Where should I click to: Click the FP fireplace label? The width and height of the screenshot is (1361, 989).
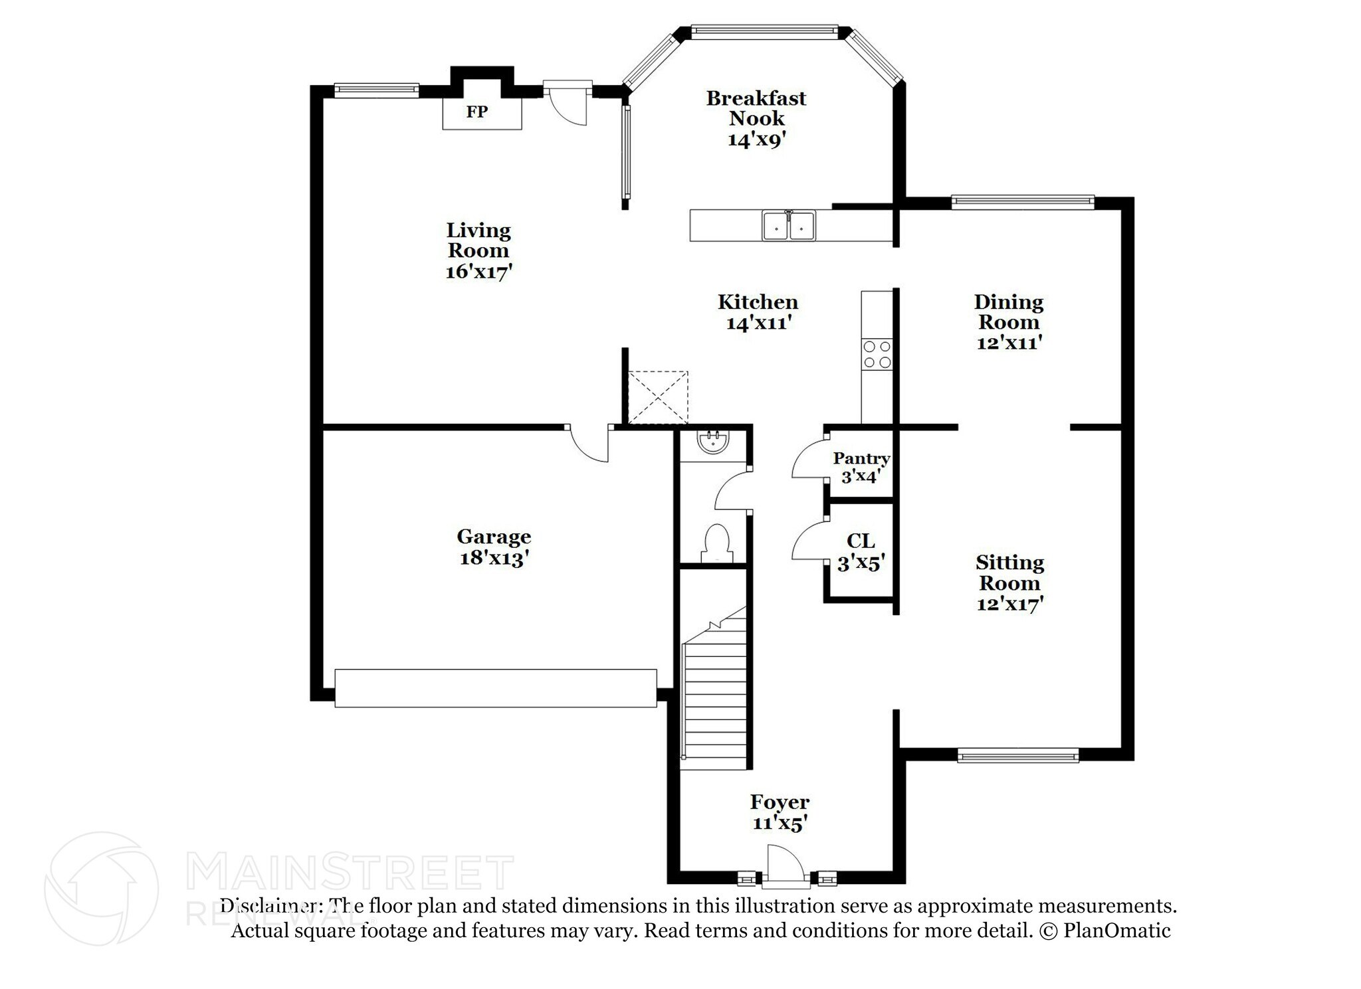[x=476, y=112]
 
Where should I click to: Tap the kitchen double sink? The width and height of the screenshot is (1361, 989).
[x=789, y=226]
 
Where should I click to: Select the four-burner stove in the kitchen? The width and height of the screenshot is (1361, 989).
[x=877, y=354]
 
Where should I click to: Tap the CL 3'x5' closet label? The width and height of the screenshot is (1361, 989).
[x=861, y=552]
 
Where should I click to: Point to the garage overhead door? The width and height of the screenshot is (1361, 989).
[x=495, y=688]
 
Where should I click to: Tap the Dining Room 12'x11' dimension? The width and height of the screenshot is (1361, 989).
[x=1008, y=343]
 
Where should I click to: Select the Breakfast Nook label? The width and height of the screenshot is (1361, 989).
[x=756, y=108]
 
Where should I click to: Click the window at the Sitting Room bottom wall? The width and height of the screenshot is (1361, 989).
[x=1017, y=755]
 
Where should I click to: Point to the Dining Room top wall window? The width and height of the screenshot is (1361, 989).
[x=1022, y=201]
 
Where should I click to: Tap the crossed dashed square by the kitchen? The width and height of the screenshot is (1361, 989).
[x=658, y=397]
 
